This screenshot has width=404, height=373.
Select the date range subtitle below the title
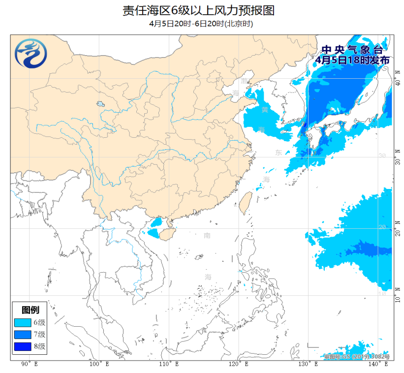point(201,24)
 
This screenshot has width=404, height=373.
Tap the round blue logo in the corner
point(31,54)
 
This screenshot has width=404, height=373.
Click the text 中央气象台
point(351,50)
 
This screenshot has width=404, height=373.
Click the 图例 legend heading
point(31,310)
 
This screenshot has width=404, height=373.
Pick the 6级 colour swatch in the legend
point(23,323)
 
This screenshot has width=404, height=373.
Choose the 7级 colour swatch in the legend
point(23,335)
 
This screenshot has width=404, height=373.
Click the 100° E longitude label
point(98,364)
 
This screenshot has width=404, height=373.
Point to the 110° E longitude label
point(168,364)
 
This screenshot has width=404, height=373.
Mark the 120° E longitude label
point(238,364)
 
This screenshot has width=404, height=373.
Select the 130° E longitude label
point(309,364)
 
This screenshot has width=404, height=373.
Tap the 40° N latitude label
point(397,79)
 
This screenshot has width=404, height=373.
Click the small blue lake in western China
point(100,105)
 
